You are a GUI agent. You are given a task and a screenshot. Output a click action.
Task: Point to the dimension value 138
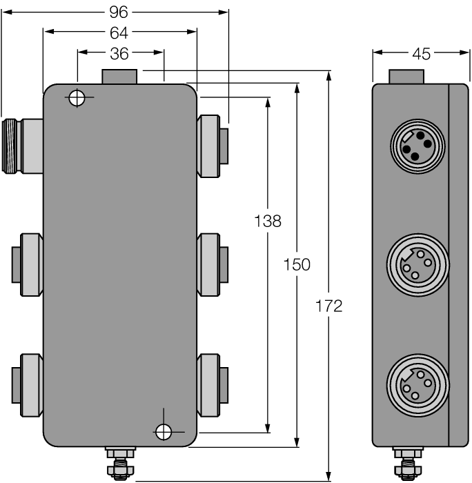click(x=268, y=221)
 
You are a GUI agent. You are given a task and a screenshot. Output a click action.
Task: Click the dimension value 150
click(x=297, y=264)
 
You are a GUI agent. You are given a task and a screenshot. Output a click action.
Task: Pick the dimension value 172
click(x=329, y=306)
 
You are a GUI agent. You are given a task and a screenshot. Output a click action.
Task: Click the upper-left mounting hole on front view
click(x=77, y=98)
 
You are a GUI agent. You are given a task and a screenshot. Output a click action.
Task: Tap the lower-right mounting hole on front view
click(x=164, y=432)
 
